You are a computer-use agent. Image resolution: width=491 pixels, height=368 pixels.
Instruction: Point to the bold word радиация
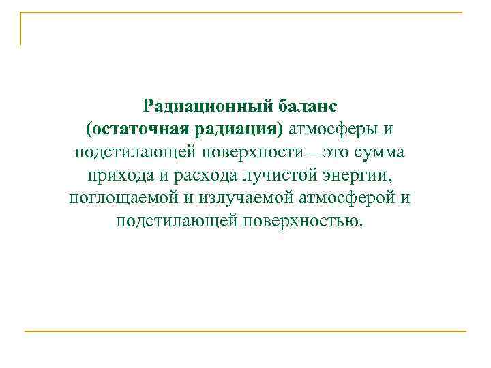click(x=228, y=129)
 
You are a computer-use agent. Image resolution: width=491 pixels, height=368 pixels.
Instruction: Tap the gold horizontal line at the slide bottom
click(x=245, y=332)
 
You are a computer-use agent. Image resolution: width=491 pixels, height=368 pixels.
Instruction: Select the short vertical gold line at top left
click(x=20, y=29)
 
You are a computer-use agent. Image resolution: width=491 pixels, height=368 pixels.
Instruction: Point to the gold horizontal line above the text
click(x=245, y=12)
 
